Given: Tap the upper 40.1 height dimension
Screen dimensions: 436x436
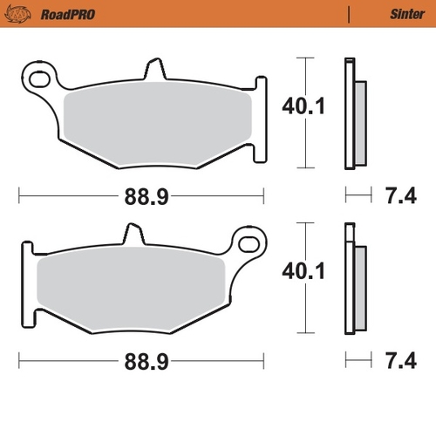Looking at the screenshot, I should pyautogui.click(x=298, y=108).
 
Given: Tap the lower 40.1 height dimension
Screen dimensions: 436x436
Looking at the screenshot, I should pyautogui.click(x=298, y=272).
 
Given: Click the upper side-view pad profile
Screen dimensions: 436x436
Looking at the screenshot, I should pyautogui.click(x=354, y=113).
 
